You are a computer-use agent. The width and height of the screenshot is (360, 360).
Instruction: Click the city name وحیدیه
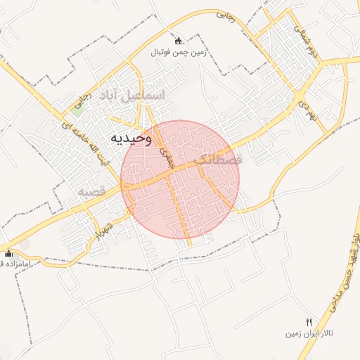pyautogui.click(x=129, y=138)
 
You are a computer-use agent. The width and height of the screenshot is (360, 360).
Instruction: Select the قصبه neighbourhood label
pyautogui.click(x=91, y=191)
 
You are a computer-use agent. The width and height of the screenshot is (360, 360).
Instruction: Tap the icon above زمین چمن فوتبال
pyautogui.click(x=177, y=41)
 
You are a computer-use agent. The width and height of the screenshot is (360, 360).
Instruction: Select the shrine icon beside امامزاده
pyautogui.click(x=8, y=253)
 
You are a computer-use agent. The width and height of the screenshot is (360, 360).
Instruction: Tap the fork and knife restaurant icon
pyautogui.click(x=309, y=321)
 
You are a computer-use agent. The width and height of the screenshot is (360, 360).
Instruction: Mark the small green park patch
pyautogui.click(x=76, y=110)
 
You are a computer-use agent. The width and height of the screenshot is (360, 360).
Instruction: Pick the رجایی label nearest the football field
pyautogui.click(x=226, y=13)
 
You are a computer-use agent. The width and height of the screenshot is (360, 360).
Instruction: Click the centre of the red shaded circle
pyautogui.click(x=180, y=179)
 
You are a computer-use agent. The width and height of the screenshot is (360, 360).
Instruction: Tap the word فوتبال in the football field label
pyautogui.click(x=160, y=53)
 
